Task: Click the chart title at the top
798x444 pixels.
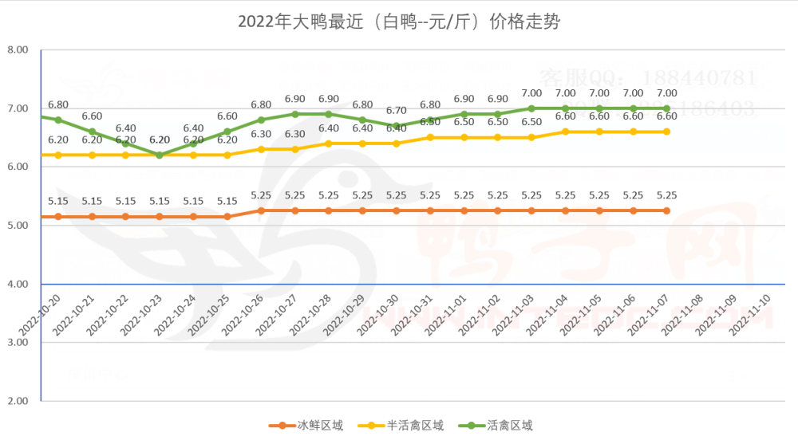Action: coord(399,22)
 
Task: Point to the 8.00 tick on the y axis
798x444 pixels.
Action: coord(18,49)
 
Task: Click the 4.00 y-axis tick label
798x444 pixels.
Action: coord(18,284)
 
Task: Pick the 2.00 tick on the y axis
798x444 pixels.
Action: coord(18,401)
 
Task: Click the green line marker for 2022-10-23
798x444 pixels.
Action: coord(160,155)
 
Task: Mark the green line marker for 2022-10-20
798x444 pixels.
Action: coord(58,120)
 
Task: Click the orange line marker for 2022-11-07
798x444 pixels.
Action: coord(667,210)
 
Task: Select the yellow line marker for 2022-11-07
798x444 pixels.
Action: coord(667,132)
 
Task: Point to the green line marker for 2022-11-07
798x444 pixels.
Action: coord(667,108)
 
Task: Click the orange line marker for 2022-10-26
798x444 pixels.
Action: coord(261,210)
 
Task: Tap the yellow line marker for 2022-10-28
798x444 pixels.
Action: coord(329,143)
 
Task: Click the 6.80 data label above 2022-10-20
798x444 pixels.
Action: coord(58,104)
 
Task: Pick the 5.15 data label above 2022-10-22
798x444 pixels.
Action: coord(126,201)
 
